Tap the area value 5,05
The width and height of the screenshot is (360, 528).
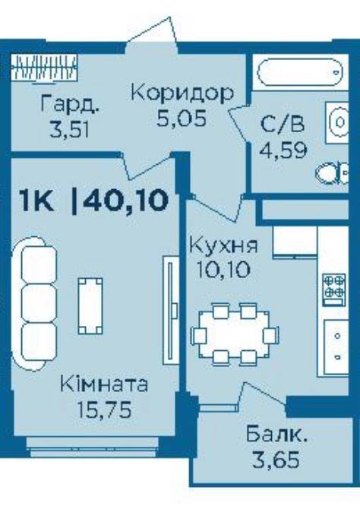click(x=182, y=119)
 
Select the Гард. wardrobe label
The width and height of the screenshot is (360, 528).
click(x=71, y=104)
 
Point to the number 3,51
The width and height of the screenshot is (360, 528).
click(x=69, y=130)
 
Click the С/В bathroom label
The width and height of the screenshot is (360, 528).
click(x=283, y=124)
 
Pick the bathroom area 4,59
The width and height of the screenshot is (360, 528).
click(x=283, y=150)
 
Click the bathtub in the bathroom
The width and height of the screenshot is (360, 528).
click(x=300, y=72)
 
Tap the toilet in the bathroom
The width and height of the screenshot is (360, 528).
click(x=332, y=173)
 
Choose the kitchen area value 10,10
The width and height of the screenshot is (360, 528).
click(x=223, y=270)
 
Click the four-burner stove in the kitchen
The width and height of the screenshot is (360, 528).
click(x=333, y=289)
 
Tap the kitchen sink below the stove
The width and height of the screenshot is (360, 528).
click(x=336, y=346)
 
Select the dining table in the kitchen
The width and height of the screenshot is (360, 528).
click(x=235, y=334)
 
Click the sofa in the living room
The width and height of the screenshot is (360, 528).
click(x=33, y=303)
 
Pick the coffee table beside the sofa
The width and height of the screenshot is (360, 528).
click(x=90, y=305)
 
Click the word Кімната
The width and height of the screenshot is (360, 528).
click(x=104, y=384)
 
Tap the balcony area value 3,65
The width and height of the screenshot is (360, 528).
click(x=276, y=460)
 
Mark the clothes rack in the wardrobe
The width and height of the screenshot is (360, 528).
click(x=44, y=67)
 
